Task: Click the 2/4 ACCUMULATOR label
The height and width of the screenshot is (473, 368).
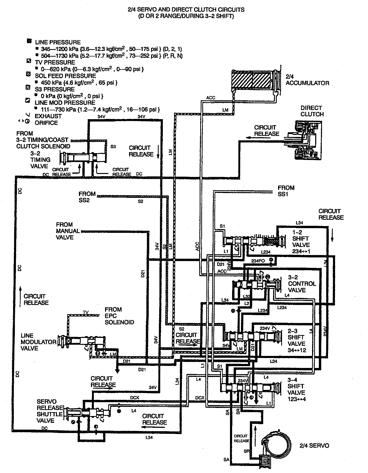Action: coord(307,80)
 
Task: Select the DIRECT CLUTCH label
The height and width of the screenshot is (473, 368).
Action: coord(312,111)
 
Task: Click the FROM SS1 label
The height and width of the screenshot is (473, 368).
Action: coord(286,191)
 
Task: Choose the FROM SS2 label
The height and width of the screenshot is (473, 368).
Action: coord(87,197)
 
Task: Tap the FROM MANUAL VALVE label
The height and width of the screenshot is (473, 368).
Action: coord(68,231)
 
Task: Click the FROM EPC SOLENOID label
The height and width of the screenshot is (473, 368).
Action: coord(119,316)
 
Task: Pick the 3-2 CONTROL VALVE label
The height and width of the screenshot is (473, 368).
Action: coord(302,284)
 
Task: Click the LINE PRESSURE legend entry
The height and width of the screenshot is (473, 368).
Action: coord(57,42)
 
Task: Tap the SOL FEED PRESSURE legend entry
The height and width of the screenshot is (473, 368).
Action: coord(65,76)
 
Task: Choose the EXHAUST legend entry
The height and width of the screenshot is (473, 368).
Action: coord(48,116)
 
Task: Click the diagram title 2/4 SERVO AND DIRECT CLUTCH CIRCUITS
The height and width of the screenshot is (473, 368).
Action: coord(186,10)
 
